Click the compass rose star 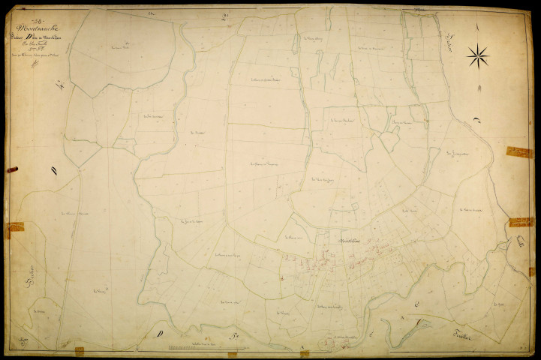(477, 55)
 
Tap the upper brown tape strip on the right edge (518, 152)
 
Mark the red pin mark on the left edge (12, 170)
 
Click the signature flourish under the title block (33, 64)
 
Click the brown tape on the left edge (8, 230)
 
